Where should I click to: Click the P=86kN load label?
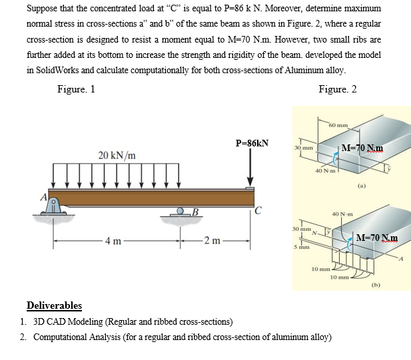(252, 143)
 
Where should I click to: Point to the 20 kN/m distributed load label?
(118, 156)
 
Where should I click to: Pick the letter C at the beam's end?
(256, 213)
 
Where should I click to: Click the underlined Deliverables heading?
(54, 305)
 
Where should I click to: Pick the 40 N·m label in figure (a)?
(326, 171)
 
